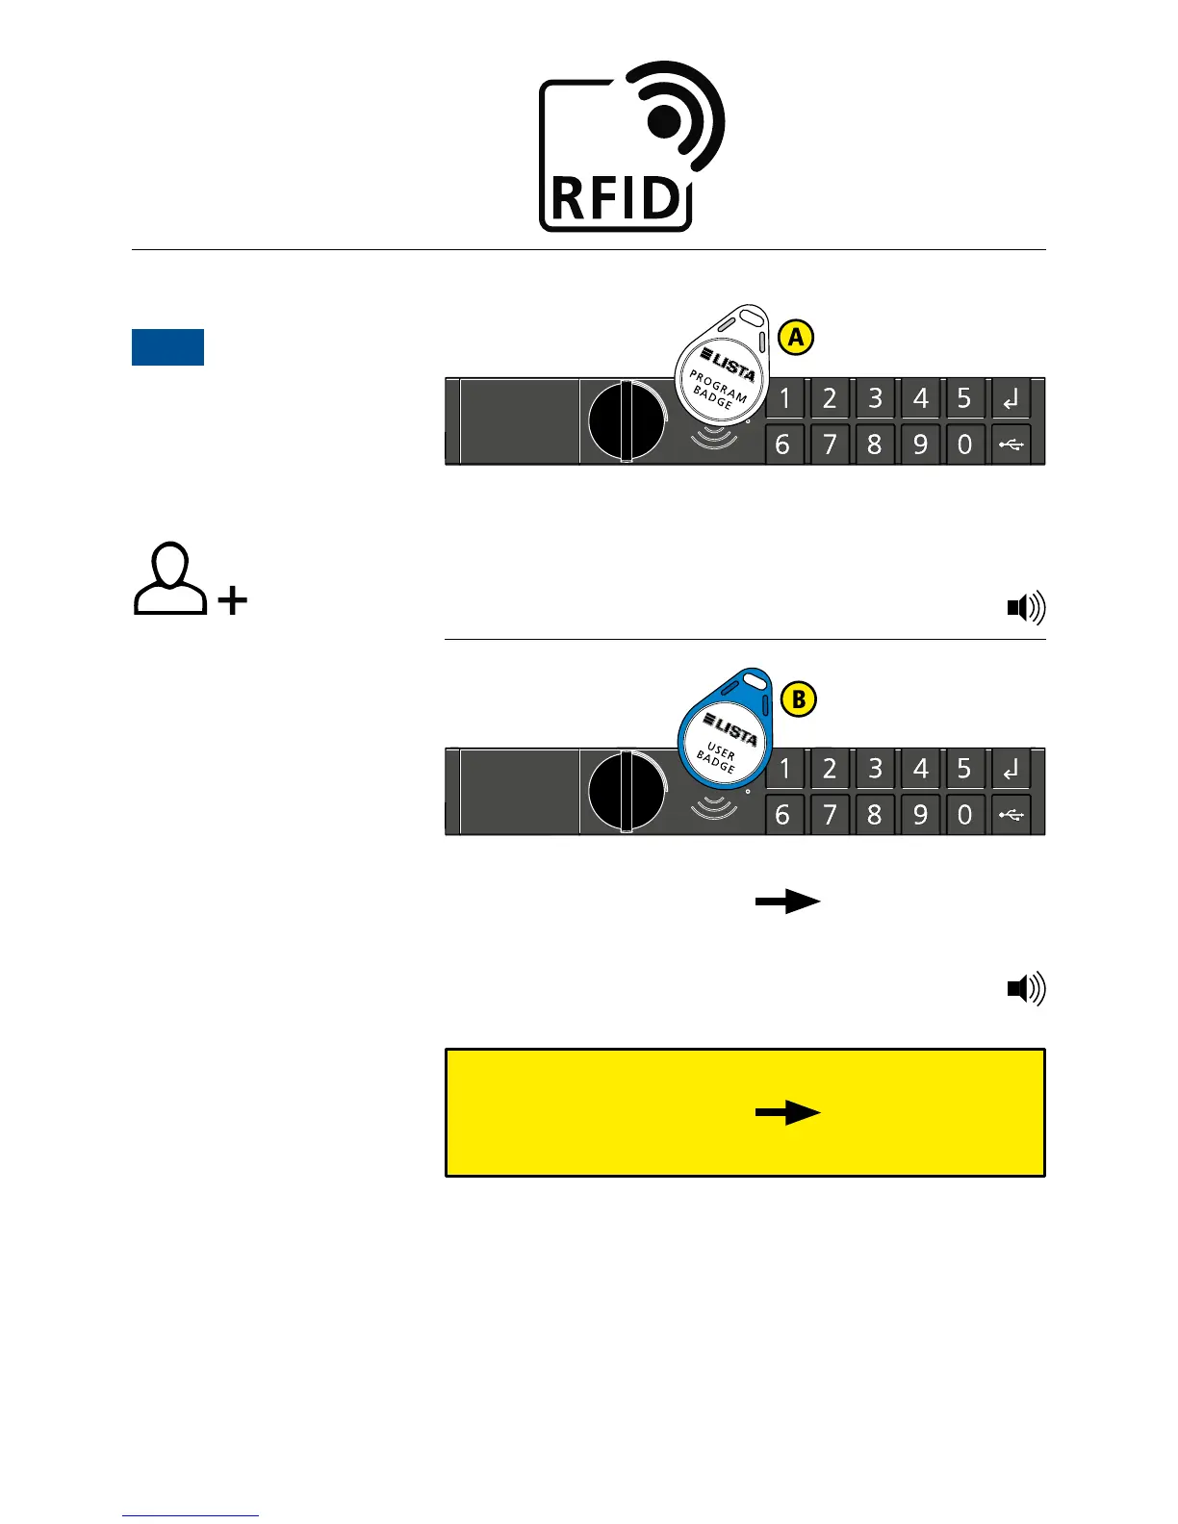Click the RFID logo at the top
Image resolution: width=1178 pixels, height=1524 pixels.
coord(630,146)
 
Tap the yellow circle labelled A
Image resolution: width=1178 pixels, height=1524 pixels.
coord(795,338)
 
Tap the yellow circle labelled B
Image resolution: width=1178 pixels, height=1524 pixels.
coord(798,699)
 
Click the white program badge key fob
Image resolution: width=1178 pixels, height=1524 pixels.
coord(722,366)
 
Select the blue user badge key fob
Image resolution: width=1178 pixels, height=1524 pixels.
coord(724,729)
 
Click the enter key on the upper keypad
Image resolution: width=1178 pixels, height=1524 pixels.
coord(1011,398)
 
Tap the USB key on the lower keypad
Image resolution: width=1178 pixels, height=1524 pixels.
coord(1011,815)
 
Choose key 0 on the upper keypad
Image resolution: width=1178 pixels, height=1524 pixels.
coord(964,444)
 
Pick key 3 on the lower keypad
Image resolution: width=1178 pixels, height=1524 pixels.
coord(874,769)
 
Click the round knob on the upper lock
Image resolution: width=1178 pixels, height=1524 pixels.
coord(626,421)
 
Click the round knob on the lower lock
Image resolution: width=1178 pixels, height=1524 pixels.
coord(626,792)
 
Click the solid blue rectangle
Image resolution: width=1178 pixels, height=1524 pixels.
coord(167,347)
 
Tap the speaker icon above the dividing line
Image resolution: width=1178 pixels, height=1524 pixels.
coord(1026,608)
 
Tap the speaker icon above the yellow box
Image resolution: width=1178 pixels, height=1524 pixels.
coord(1026,989)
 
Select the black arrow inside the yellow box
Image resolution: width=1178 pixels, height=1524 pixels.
coord(787,1113)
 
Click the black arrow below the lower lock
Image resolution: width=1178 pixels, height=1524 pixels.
coord(787,902)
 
